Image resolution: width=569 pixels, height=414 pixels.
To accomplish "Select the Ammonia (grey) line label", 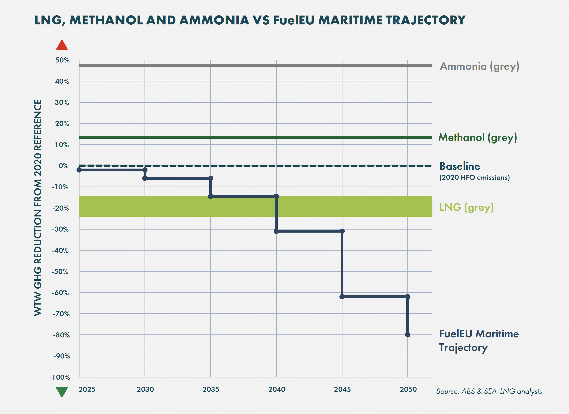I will pyautogui.click(x=479, y=66).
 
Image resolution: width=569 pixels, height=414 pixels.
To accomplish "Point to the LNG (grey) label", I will pyautogui.click(x=466, y=207).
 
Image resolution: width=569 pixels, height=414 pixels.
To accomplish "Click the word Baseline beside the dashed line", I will pyautogui.click(x=460, y=166).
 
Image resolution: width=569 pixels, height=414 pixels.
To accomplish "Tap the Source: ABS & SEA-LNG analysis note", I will pyautogui.click(x=489, y=391).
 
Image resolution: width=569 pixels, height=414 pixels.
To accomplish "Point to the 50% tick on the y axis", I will pyautogui.click(x=62, y=60).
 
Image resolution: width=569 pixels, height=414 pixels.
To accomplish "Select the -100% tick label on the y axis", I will pyautogui.click(x=59, y=377).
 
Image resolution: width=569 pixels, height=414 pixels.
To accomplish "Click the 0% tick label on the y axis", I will pyautogui.click(x=63, y=166).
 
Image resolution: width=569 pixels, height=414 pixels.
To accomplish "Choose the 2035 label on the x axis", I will pyautogui.click(x=211, y=389).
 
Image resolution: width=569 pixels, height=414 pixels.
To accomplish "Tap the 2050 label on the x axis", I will pyautogui.click(x=408, y=389).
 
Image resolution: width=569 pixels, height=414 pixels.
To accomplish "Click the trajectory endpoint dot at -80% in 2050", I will pyautogui.click(x=408, y=335).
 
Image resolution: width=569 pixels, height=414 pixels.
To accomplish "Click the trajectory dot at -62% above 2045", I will pyautogui.click(x=342, y=297).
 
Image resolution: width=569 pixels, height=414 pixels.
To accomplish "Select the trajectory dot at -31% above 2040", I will pyautogui.click(x=276, y=231).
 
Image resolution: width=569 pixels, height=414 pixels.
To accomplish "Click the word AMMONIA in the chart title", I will pyautogui.click(x=214, y=20).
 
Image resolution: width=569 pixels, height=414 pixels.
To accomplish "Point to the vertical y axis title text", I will pyautogui.click(x=38, y=208).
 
